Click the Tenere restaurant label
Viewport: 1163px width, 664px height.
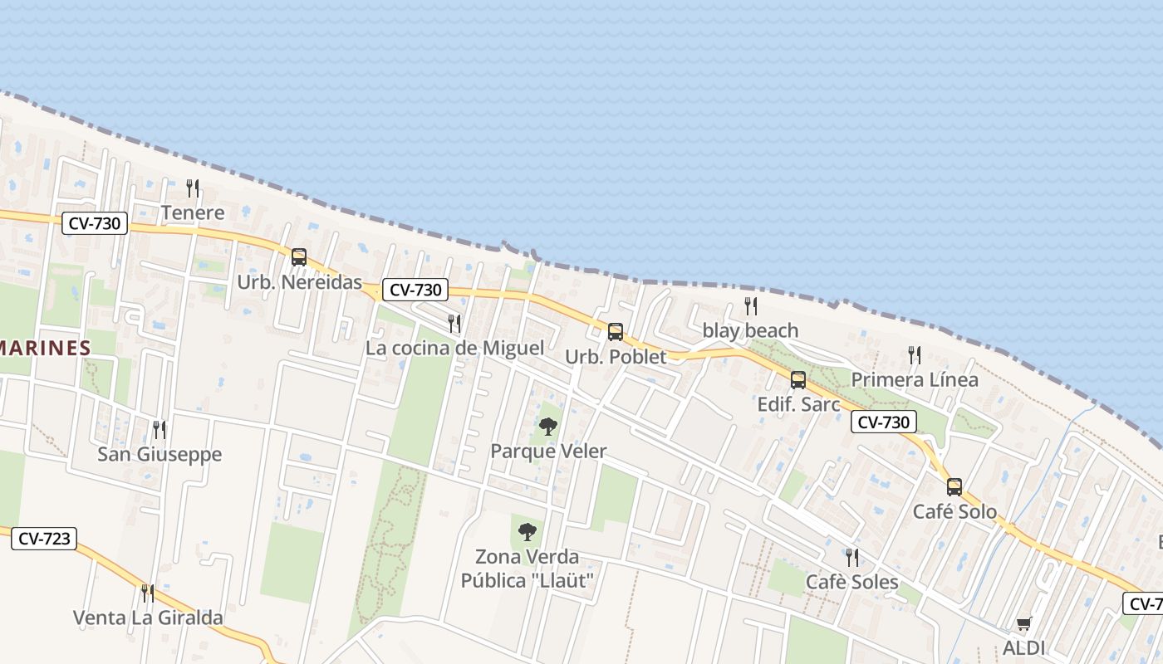(193, 212)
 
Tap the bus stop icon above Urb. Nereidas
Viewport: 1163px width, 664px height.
(299, 257)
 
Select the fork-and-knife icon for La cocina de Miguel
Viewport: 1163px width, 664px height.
(454, 324)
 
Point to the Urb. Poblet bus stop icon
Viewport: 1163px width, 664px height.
(616, 332)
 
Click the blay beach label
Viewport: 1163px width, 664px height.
(750, 330)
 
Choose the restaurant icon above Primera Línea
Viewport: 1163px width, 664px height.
(915, 355)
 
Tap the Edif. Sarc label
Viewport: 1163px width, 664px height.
(799, 405)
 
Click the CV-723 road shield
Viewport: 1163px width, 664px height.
(44, 539)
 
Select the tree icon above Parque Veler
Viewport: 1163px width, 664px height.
(547, 427)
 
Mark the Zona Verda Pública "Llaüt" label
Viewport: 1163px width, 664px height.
(527, 568)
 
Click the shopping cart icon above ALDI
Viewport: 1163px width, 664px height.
(1024, 623)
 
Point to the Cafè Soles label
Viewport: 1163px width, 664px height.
(852, 582)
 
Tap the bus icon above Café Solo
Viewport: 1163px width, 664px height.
(954, 487)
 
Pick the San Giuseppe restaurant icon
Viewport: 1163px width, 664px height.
(159, 429)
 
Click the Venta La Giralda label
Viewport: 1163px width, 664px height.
(148, 618)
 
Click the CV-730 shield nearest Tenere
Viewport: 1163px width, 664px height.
(94, 223)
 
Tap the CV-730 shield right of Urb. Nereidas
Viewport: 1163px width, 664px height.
(415, 290)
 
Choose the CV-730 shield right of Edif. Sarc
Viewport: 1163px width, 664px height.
(883, 422)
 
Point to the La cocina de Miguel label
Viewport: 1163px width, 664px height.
(454, 348)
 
